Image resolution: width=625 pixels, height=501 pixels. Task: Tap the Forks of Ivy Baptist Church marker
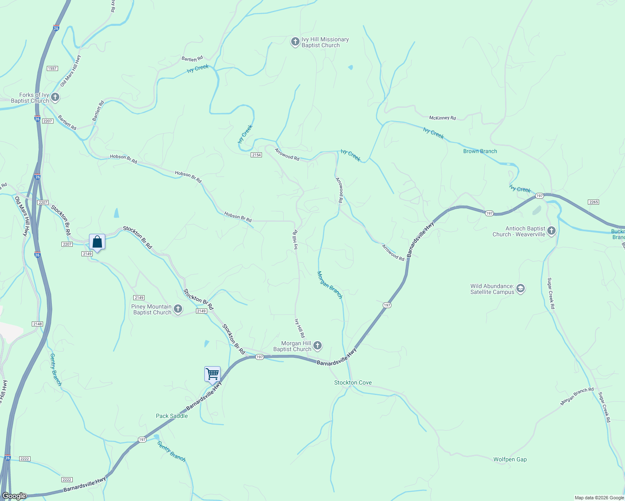(55, 97)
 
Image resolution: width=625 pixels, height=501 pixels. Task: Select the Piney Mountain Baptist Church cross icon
(178, 309)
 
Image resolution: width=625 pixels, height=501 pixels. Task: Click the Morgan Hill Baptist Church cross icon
(318, 345)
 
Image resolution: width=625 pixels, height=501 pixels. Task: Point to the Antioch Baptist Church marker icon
(551, 231)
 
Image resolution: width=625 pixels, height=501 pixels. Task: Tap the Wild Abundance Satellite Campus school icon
(521, 288)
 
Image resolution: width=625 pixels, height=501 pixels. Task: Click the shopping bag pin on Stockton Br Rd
(97, 242)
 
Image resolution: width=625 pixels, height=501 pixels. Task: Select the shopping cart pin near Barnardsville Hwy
(212, 374)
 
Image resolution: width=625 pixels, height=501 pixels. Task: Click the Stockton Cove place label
(353, 382)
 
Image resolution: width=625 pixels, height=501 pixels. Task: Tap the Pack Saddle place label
(172, 416)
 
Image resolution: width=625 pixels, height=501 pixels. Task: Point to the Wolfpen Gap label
(510, 459)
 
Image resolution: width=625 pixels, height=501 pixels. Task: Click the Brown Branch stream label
(480, 151)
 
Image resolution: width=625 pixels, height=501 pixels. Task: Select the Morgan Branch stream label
(330, 285)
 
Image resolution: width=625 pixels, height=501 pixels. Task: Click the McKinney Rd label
(442, 118)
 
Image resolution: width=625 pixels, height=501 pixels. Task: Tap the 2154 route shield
(256, 155)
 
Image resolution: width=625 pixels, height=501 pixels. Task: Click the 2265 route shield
(593, 202)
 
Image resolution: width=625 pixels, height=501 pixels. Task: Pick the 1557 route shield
(52, 68)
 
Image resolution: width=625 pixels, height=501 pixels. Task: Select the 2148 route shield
(37, 324)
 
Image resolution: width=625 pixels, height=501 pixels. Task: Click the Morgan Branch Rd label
(577, 396)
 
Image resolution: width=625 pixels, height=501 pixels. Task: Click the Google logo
(14, 496)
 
